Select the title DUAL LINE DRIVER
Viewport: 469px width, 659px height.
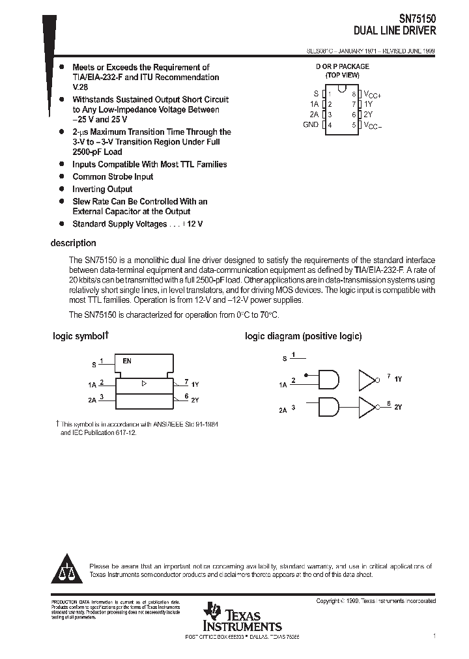click(x=395, y=31)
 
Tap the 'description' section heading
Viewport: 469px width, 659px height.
click(x=73, y=243)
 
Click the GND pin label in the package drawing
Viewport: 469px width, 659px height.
click(x=311, y=124)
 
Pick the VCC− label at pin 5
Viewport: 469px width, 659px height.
click(x=373, y=125)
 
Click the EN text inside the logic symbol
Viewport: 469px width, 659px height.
click(x=127, y=360)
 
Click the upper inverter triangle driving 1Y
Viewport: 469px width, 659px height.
click(x=368, y=379)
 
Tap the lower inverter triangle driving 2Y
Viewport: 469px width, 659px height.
click(x=368, y=407)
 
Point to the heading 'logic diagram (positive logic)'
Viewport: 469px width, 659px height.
click(x=303, y=337)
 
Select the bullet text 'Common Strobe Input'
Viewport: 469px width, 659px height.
click(x=113, y=176)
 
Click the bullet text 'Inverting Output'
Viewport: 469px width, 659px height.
click(x=102, y=189)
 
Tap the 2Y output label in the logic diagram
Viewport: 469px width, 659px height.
click(x=398, y=407)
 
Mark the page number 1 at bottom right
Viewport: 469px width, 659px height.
click(x=434, y=635)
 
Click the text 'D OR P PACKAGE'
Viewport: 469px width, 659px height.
click(x=343, y=66)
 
